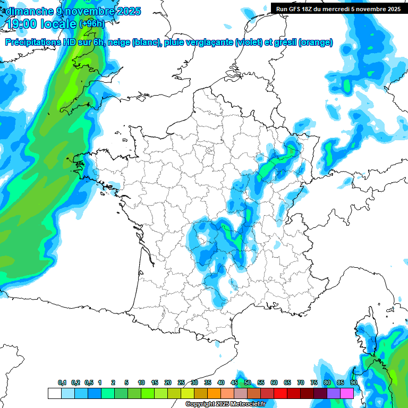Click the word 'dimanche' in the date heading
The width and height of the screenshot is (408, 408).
(29, 11)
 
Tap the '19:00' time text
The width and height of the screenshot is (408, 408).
(25, 24)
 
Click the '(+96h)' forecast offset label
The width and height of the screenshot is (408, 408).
(92, 24)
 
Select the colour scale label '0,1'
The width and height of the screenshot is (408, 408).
(62, 382)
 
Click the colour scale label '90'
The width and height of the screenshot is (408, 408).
(354, 382)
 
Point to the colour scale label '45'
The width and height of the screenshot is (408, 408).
(234, 382)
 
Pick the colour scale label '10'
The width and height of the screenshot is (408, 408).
(141, 382)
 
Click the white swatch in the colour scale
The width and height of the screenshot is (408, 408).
(54, 393)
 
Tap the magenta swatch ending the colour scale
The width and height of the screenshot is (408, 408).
(347, 393)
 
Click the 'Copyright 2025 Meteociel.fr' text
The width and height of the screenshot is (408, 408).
(225, 404)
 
